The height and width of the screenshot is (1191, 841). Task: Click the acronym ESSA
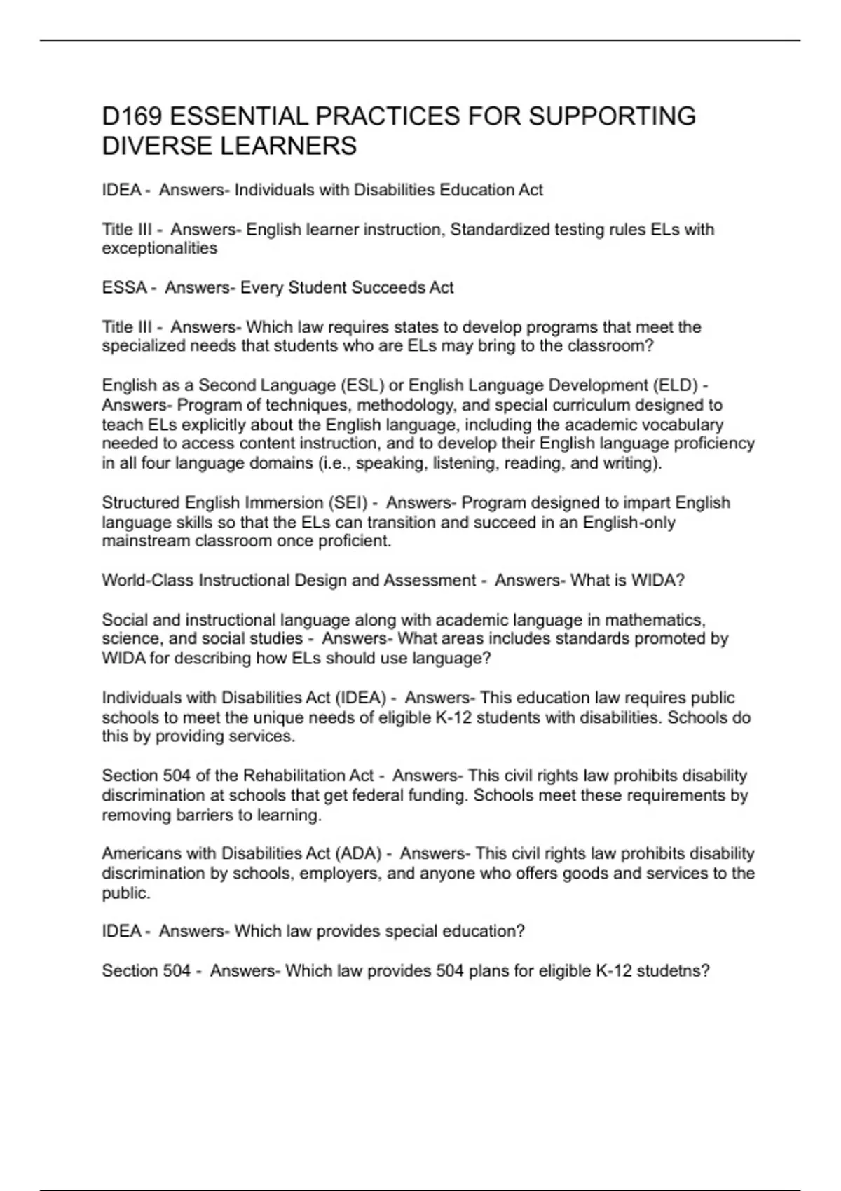click(124, 288)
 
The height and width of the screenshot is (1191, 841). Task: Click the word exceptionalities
click(160, 249)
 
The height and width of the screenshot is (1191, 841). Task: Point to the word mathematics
click(655, 620)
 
